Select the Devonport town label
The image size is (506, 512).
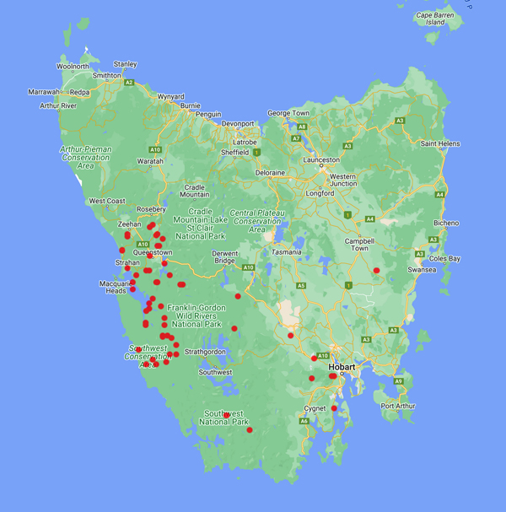[238, 123]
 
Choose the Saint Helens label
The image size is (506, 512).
[440, 143]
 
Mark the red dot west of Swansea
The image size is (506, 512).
[377, 270]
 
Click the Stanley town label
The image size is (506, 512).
[125, 64]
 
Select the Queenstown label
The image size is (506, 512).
[153, 252]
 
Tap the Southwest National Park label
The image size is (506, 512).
[223, 418]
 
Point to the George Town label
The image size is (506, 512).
[288, 113]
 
